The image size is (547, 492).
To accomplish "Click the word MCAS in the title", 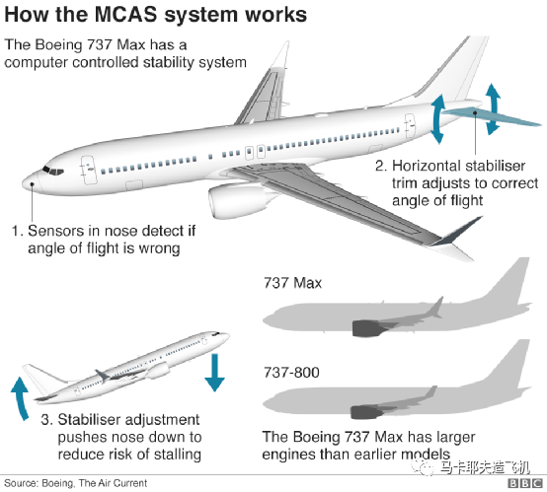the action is tap(125, 15).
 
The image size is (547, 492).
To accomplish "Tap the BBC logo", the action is tap(524, 484).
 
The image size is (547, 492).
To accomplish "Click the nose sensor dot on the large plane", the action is tap(33, 183).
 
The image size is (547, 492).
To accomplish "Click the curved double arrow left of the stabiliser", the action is tap(436, 118).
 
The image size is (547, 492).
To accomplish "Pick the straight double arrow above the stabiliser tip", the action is tap(493, 108).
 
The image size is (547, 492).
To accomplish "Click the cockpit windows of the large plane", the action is tap(53, 171).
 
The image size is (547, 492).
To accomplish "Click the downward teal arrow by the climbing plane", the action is tap(214, 373).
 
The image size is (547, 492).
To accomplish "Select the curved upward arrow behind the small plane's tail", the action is tap(20, 398).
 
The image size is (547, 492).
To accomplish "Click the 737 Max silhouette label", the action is tap(292, 283).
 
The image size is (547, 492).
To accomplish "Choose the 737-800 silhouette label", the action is tap(291, 372).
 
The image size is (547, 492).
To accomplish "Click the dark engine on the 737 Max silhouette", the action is tap(366, 328).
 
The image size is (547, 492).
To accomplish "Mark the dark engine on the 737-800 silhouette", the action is tap(365, 412).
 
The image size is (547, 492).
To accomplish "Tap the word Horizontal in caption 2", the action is tap(426, 166).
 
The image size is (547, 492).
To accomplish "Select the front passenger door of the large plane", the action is tap(89, 170).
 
